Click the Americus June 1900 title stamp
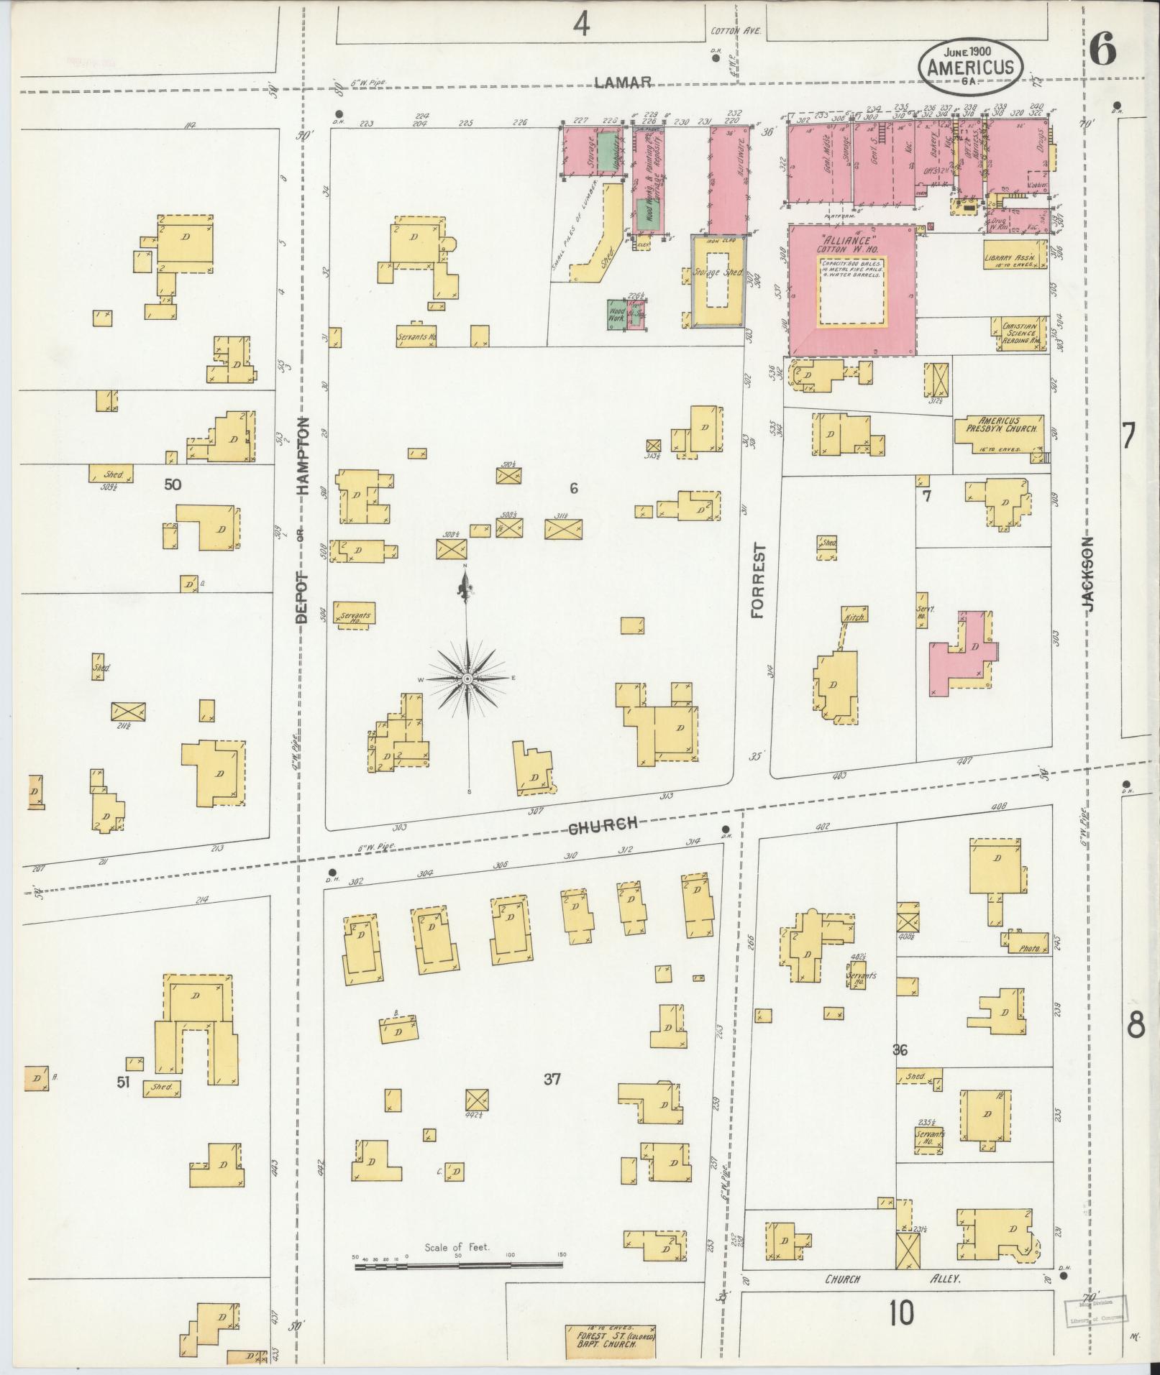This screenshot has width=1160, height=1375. click(x=970, y=67)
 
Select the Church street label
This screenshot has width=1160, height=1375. click(x=604, y=826)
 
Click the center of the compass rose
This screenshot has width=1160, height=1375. click(x=467, y=679)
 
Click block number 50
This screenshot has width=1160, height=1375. click(x=173, y=484)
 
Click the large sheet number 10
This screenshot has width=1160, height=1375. click(x=900, y=1313)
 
